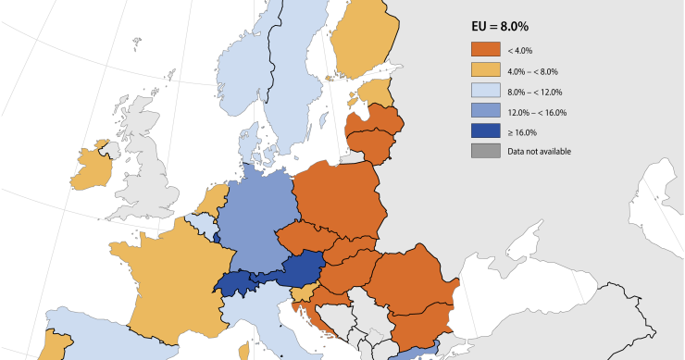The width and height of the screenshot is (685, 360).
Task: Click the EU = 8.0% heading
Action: tap(512, 28)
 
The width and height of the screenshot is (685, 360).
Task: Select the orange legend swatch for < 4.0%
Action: tap(486, 50)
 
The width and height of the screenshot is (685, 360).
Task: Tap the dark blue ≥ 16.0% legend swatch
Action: tap(486, 131)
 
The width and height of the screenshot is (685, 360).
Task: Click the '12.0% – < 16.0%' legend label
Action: tap(537, 111)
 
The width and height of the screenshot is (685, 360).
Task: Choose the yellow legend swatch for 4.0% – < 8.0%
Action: tap(486, 70)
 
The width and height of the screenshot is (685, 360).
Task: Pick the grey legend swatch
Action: tap(486, 151)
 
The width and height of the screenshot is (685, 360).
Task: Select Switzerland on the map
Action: tap(235, 283)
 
